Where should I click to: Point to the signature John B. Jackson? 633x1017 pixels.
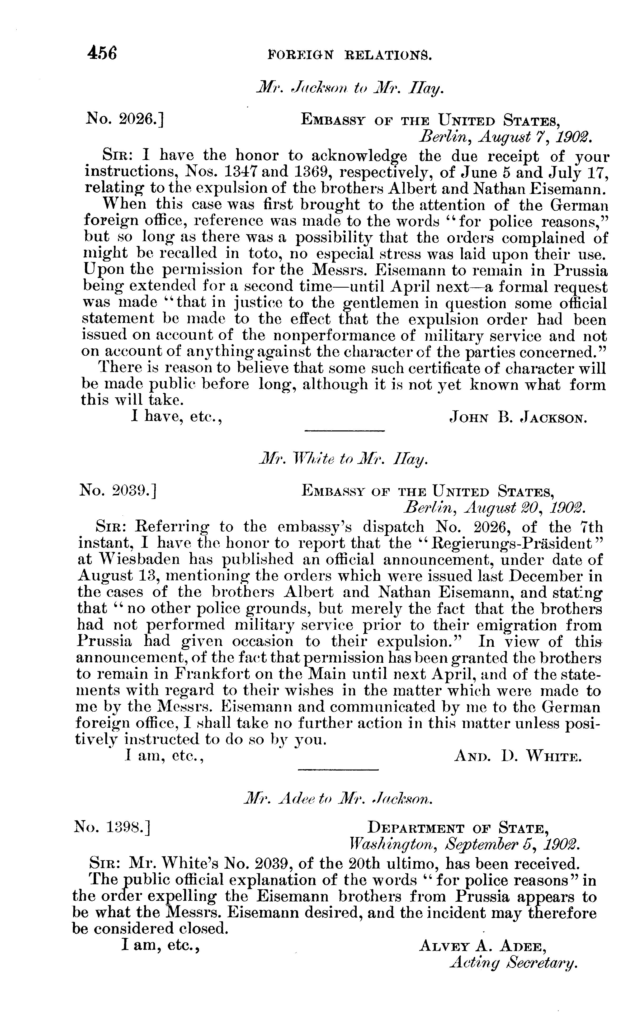tap(518, 417)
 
